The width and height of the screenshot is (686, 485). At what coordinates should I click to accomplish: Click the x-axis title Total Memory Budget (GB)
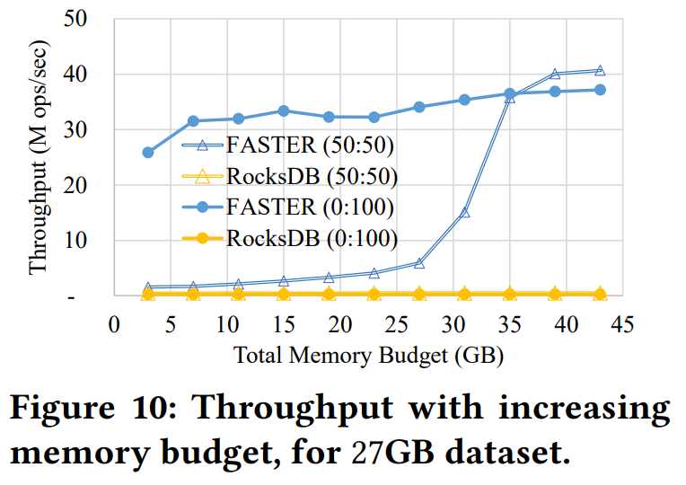point(369,355)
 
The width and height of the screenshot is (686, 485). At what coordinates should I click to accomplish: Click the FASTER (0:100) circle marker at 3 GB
point(148,153)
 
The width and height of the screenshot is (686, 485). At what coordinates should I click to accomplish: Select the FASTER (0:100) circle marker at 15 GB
point(284,111)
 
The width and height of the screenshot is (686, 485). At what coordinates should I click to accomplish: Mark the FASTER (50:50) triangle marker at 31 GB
point(464,213)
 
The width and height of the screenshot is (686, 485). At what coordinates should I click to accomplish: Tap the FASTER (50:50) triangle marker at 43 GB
point(600,71)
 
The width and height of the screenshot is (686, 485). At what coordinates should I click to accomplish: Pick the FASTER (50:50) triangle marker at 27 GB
point(419,263)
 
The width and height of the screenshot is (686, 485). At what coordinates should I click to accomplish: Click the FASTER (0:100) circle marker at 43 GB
point(600,90)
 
